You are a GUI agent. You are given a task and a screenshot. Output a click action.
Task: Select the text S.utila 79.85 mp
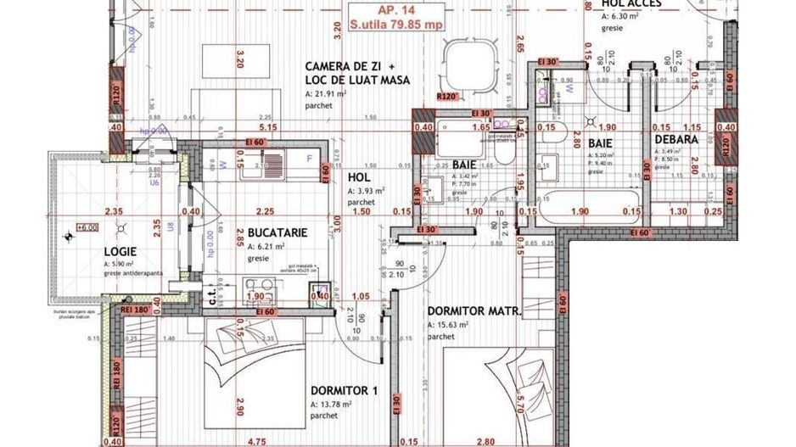pyautogui.click(x=396, y=25)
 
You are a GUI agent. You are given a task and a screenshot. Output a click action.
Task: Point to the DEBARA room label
pyautogui.click(x=675, y=140)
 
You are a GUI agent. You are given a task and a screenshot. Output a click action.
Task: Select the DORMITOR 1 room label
pyautogui.click(x=344, y=391)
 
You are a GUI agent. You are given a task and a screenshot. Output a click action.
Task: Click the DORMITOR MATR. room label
pyautogui.click(x=474, y=311)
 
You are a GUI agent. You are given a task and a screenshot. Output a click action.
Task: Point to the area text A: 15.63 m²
pyautogui.click(x=454, y=325)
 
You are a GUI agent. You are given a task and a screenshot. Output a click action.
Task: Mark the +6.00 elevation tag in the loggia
pyautogui.click(x=87, y=227)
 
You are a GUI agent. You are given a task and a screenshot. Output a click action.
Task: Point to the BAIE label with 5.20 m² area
pyautogui.click(x=600, y=143)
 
